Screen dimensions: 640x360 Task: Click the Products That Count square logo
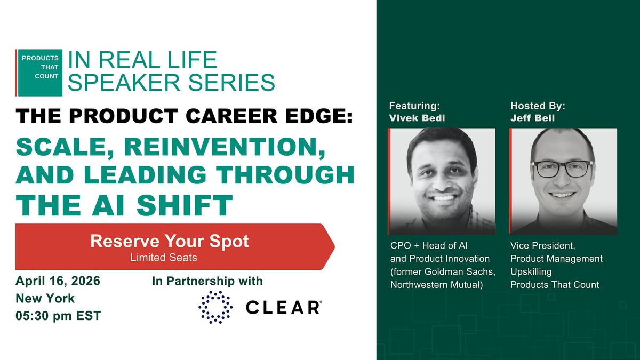tap(39, 73)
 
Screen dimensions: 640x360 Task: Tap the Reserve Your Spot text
tap(170, 241)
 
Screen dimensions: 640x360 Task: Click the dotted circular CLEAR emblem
tap(215, 307)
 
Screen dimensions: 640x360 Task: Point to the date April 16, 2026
tap(58, 281)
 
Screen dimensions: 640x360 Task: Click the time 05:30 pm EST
tap(58, 316)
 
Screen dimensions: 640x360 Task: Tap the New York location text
tap(45, 299)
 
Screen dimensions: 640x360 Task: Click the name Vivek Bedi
tap(417, 118)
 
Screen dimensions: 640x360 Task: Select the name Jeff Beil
tap(533, 118)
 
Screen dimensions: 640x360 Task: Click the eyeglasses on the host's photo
tap(562, 169)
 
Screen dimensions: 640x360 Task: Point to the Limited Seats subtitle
tap(164, 258)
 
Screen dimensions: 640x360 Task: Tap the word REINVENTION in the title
tap(225, 147)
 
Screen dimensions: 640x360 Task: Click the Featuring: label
tap(414, 106)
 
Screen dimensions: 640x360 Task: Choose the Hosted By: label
tap(538, 106)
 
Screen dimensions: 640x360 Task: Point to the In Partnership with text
tap(207, 281)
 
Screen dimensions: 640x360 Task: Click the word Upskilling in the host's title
tap(531, 272)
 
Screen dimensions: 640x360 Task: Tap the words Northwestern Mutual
tap(437, 285)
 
